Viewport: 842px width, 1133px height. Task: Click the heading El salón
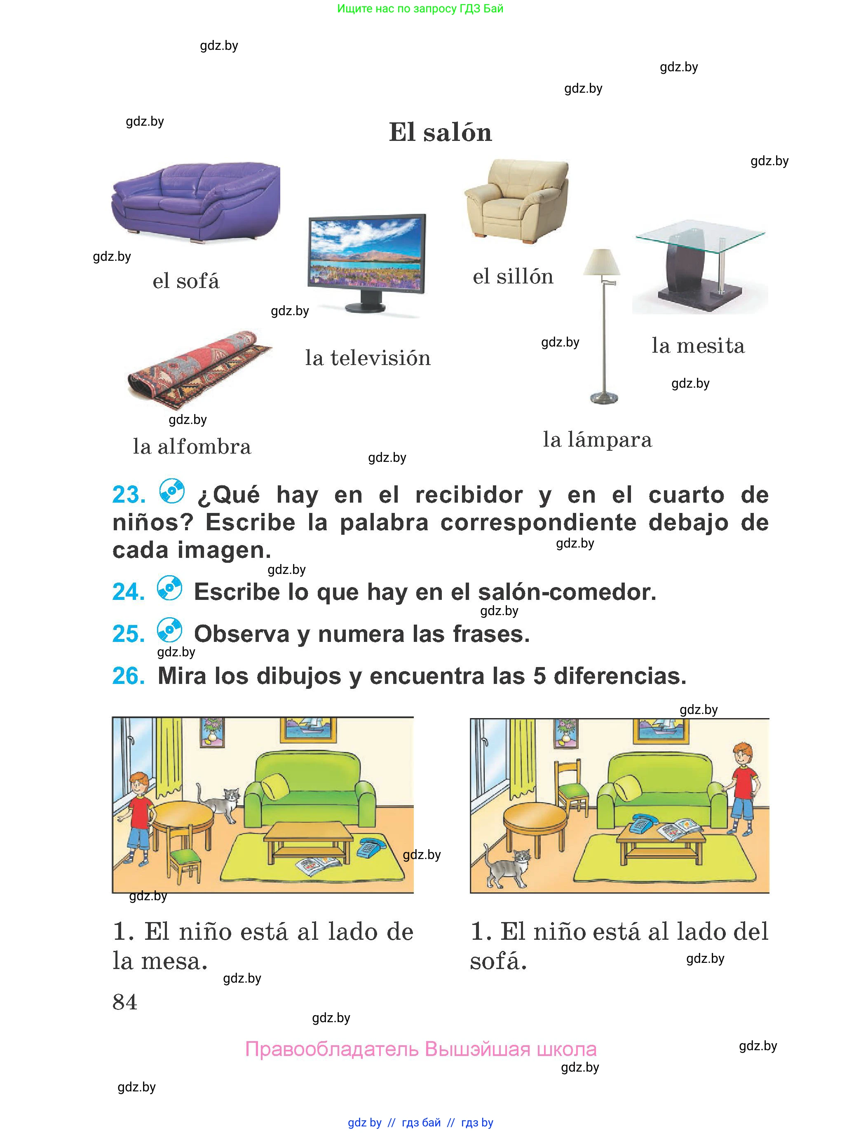(440, 132)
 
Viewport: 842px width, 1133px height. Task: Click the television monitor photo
(366, 263)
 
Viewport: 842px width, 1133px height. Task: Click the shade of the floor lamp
(602, 262)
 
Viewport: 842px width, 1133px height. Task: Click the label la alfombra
(192, 447)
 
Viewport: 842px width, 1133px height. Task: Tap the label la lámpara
(597, 440)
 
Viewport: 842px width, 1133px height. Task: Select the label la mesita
(698, 345)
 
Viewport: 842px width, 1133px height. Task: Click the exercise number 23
(129, 495)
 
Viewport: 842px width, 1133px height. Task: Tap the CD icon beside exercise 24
(170, 588)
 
